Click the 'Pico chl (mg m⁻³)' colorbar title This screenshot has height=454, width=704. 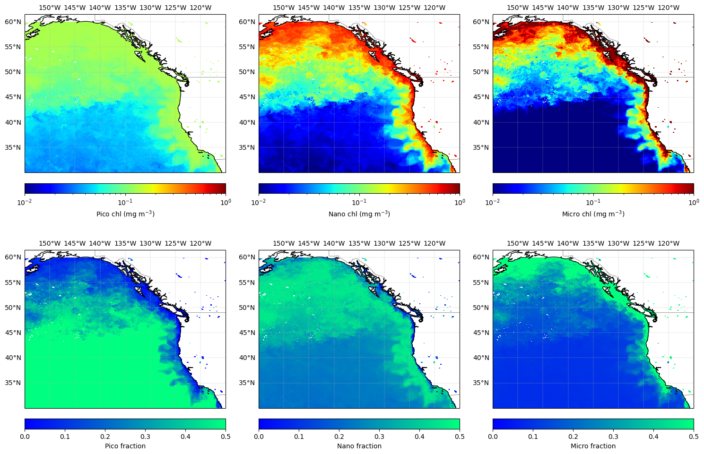(x=125, y=214)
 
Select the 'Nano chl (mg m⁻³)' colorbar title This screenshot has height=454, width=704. (x=359, y=214)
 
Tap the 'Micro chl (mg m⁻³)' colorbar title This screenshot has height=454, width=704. (x=593, y=214)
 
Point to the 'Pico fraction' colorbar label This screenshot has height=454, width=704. (x=125, y=446)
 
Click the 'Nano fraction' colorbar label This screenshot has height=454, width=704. (x=359, y=446)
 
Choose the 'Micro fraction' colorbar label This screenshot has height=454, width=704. (x=593, y=446)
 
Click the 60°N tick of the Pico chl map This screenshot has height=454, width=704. (x=13, y=22)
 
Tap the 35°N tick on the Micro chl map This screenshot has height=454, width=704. (x=481, y=147)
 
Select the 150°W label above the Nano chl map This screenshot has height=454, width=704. (x=284, y=8)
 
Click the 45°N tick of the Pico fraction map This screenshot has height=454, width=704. (x=13, y=333)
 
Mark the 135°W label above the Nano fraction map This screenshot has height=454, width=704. (x=359, y=243)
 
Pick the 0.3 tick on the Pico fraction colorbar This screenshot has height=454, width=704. (x=145, y=437)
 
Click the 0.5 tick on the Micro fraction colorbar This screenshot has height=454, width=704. (x=693, y=437)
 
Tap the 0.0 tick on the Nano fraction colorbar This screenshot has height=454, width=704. (x=259, y=437)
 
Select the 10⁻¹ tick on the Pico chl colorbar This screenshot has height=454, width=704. (x=125, y=202)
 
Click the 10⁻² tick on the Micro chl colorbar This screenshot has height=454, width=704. (x=493, y=202)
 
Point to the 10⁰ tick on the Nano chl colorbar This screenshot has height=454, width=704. (x=460, y=202)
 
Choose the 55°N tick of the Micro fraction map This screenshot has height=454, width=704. (x=481, y=283)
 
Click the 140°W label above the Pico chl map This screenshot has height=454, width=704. (x=100, y=8)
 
